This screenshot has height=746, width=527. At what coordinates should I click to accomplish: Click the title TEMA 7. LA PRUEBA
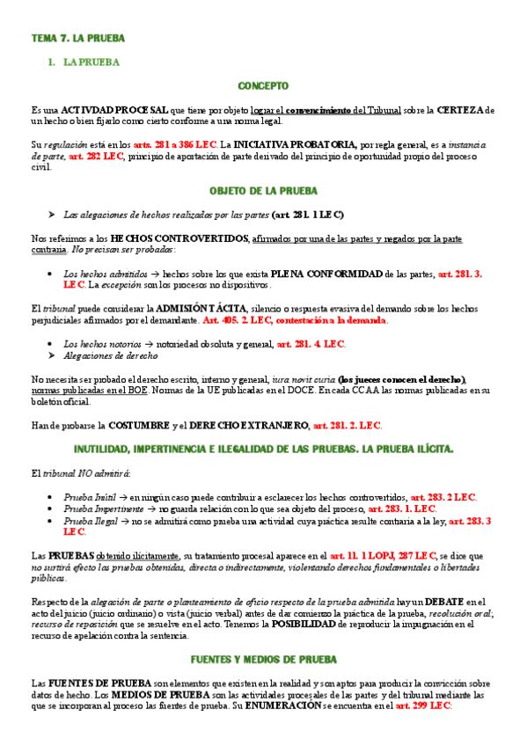pyautogui.click(x=78, y=39)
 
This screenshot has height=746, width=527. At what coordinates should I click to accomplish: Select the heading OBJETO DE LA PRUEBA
pyautogui.click(x=263, y=191)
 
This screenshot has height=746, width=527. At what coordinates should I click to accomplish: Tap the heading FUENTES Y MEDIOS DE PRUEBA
pyautogui.click(x=263, y=659)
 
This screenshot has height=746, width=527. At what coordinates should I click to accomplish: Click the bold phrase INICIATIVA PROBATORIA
pyautogui.click(x=295, y=144)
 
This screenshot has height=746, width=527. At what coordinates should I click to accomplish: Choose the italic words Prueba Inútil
pyautogui.click(x=90, y=497)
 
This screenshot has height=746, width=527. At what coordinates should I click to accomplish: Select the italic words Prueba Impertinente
pyautogui.click(x=104, y=508)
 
